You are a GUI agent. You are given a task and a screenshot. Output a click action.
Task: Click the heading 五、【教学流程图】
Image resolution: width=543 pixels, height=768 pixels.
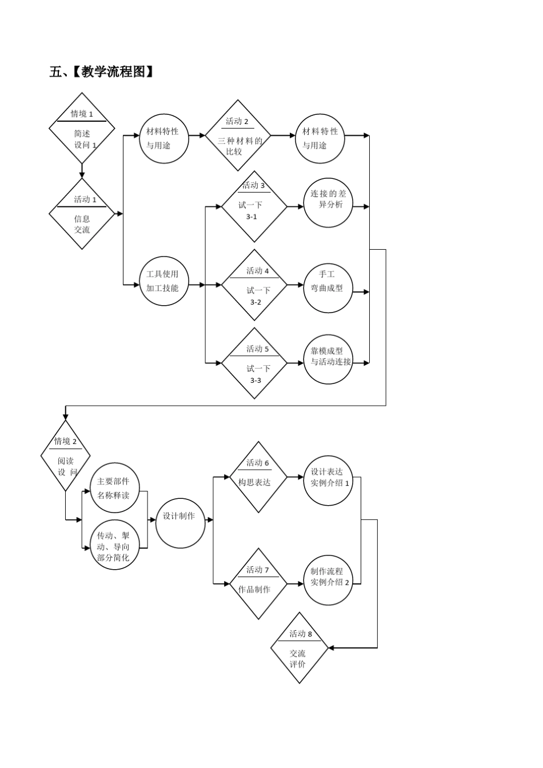click(x=102, y=72)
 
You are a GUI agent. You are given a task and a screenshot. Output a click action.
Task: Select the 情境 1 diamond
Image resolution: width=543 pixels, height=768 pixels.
click(x=82, y=129)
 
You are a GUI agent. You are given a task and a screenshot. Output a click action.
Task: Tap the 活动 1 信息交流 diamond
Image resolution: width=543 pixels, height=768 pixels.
click(x=82, y=214)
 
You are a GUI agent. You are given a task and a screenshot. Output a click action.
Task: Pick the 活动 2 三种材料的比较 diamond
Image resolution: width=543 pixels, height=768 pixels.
click(x=238, y=135)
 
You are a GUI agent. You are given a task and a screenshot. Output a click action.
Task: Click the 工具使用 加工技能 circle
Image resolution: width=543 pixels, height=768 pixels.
click(x=164, y=281)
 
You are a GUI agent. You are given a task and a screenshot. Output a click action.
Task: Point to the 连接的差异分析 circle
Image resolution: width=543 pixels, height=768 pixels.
click(x=328, y=203)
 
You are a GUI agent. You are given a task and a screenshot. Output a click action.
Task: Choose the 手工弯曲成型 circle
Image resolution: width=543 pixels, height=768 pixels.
click(x=328, y=288)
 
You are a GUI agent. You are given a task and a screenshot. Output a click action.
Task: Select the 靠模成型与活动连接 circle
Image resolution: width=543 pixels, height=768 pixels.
click(x=328, y=359)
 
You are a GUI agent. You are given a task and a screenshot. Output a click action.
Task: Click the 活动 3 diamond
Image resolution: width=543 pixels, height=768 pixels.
click(x=254, y=206)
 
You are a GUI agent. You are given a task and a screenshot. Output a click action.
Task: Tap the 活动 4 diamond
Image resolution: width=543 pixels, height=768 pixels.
click(x=254, y=285)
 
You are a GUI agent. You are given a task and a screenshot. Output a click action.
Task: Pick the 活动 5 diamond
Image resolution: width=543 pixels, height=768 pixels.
click(x=254, y=363)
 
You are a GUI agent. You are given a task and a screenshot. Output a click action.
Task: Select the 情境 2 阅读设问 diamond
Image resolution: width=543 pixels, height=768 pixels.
click(x=65, y=456)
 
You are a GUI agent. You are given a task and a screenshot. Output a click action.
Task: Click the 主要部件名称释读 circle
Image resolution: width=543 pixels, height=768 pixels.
click(x=114, y=487)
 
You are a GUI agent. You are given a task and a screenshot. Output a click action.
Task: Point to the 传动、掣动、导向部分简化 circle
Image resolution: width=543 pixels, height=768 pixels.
click(x=114, y=545)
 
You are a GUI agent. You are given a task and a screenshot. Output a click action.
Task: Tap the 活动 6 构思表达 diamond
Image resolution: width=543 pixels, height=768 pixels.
click(x=258, y=477)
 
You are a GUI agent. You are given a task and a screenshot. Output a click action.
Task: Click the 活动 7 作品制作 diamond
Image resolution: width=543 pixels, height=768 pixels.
click(x=258, y=583)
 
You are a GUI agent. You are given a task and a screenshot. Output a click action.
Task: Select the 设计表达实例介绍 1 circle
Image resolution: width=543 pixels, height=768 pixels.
click(x=328, y=481)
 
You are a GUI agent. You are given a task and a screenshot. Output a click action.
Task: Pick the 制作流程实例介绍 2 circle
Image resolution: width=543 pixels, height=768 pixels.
click(x=328, y=580)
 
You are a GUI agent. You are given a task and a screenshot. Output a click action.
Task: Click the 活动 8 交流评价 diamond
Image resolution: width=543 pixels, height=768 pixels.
click(x=299, y=647)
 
